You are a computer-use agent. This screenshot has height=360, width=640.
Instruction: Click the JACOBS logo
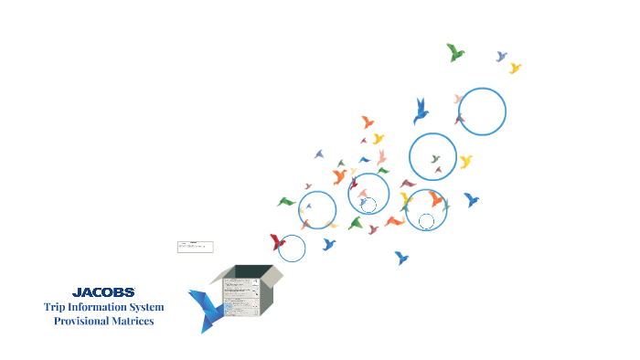coord(103,292)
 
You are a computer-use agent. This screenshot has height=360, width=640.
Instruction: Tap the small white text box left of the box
coord(195,247)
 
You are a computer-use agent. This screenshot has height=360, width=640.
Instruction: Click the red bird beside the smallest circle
coord(277,242)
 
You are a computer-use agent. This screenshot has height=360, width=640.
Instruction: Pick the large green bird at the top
coord(454,52)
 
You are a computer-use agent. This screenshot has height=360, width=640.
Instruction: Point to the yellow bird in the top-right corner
coord(515,68)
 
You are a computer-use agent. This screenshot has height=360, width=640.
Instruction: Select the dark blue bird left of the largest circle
coord(421,111)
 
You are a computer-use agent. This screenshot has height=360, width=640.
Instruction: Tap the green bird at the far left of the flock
coord(286,201)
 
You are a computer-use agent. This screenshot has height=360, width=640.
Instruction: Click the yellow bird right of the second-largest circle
coord(465,162)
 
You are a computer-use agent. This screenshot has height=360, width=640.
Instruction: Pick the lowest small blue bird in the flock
coord(400,258)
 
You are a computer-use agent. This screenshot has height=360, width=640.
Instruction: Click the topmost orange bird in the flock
coord(368,122)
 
